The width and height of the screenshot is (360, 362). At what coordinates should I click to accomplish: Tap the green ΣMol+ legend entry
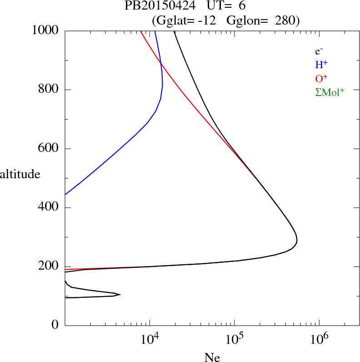tap(330, 92)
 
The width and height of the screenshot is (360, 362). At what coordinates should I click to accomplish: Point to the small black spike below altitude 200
tap(120, 294)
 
